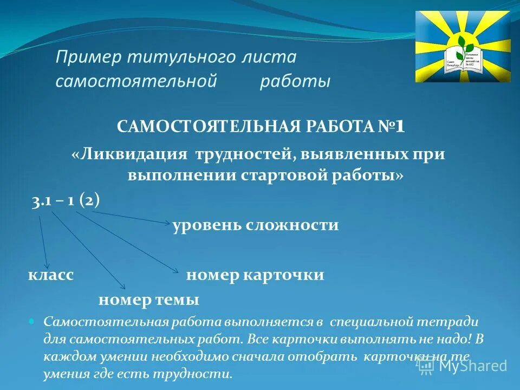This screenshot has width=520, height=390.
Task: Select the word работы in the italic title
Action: [295, 82]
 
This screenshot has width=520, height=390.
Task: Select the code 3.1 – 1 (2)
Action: [66, 200]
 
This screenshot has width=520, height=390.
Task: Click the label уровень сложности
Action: [256, 225]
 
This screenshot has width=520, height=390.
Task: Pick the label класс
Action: [51, 275]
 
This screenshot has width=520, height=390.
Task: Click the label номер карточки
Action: [255, 275]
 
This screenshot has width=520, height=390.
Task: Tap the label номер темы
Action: [148, 299]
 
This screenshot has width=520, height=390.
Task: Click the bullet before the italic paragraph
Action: [31, 321]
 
